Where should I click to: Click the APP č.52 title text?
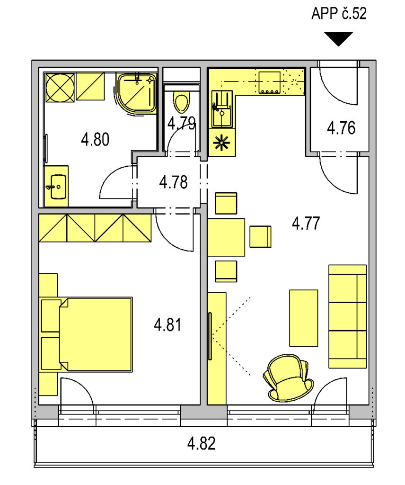(x=339, y=14)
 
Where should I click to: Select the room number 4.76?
(x=341, y=128)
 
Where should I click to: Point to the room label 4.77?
(x=306, y=224)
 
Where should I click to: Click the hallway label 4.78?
(x=173, y=182)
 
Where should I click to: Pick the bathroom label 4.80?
(x=95, y=139)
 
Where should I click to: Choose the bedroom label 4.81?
(x=168, y=325)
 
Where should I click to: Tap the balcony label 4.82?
(x=202, y=443)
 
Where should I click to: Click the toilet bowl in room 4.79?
(x=181, y=102)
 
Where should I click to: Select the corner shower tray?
(x=136, y=93)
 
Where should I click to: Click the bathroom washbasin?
(x=58, y=187)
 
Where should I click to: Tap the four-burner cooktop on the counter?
(x=270, y=82)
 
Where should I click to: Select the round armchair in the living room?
(x=289, y=378)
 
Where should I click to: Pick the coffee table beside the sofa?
(x=303, y=318)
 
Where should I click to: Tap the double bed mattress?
(x=96, y=334)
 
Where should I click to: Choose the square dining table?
(x=226, y=237)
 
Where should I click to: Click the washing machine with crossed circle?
(x=60, y=88)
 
